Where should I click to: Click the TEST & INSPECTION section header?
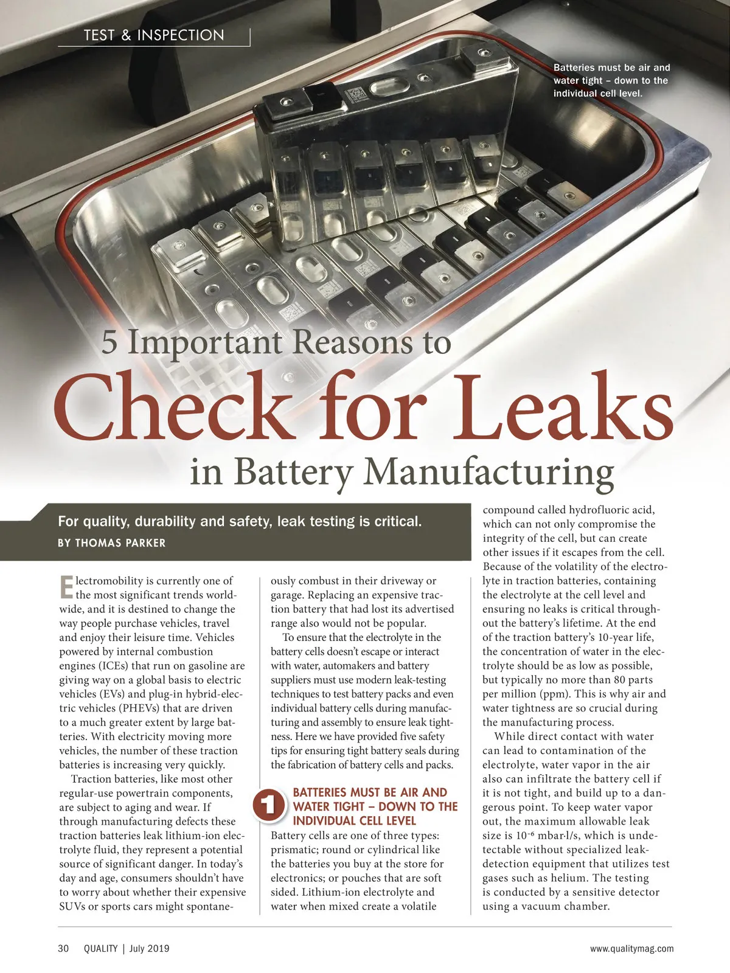(154, 35)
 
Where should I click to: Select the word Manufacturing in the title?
(488, 471)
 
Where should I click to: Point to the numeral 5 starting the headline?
(109, 342)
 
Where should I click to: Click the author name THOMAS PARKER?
(120, 543)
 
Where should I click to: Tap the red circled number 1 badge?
(268, 806)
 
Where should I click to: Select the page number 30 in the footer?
(63, 949)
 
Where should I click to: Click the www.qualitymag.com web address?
(631, 949)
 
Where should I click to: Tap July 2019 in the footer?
(149, 949)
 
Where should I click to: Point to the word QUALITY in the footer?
(100, 949)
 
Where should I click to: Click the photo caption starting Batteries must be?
(611, 80)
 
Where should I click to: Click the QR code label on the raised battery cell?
(353, 97)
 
